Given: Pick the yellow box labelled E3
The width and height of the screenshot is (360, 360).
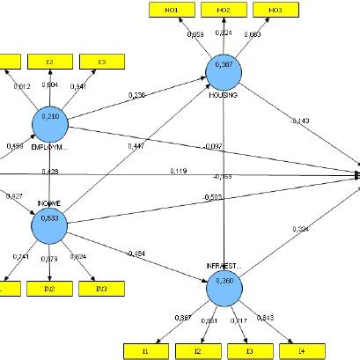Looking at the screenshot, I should coord(99,62).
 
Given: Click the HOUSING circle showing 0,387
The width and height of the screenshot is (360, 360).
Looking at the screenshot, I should coord(224,69).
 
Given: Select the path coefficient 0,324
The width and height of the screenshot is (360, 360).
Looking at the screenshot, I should coord(302,231).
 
